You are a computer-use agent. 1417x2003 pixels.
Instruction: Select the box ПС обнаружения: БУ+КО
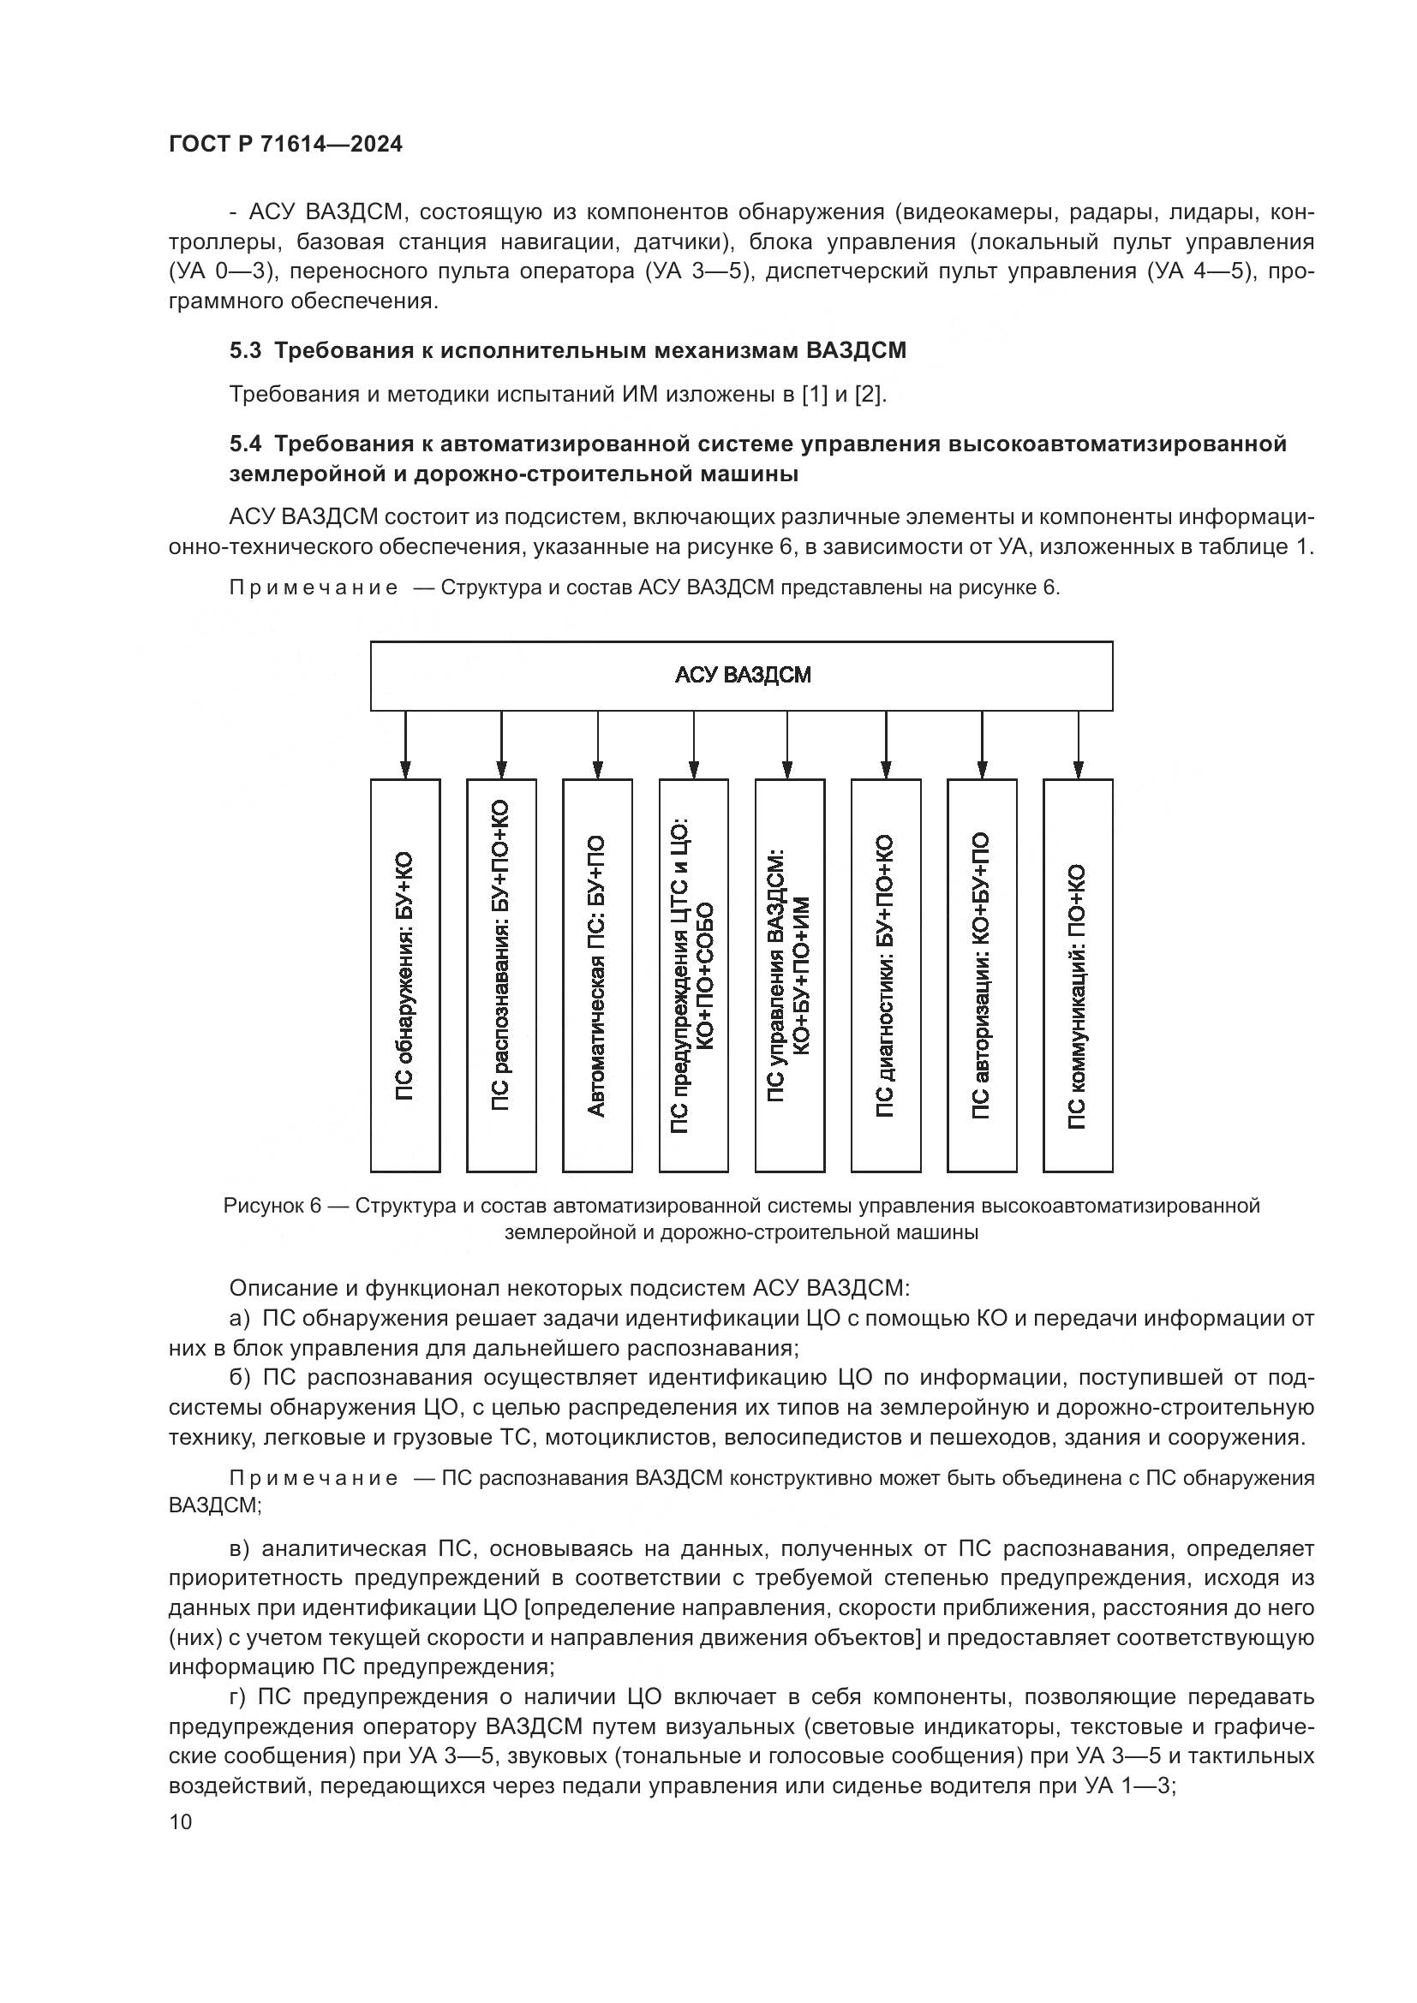click(405, 975)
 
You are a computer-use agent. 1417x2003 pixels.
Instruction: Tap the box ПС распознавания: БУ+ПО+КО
click(501, 975)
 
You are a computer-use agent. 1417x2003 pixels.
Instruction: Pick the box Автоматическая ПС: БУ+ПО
click(597, 975)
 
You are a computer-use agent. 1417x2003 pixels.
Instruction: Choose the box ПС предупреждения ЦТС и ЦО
click(694, 975)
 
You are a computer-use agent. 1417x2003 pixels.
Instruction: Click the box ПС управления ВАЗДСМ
click(790, 975)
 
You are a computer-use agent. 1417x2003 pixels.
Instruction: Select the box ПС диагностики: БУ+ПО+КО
click(886, 975)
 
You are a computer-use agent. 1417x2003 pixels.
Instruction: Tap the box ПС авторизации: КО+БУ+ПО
click(982, 975)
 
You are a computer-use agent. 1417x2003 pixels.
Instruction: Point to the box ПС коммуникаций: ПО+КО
click(1078, 975)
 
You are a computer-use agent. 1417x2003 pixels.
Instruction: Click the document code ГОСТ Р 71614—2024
click(285, 145)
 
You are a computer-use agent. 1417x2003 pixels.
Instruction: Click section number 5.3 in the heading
click(245, 351)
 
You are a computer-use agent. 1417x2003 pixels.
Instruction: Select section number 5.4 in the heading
click(245, 444)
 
